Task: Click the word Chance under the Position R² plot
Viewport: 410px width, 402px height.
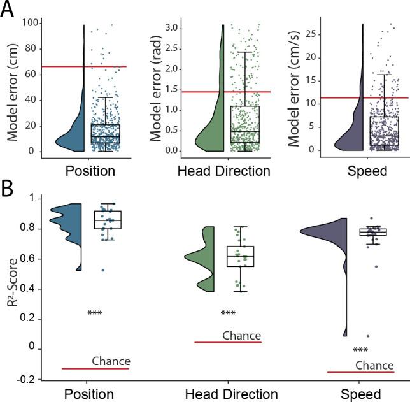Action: click(x=111, y=361)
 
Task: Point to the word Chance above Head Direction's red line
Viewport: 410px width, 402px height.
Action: click(x=241, y=335)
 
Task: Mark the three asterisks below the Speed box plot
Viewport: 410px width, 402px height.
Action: click(x=360, y=350)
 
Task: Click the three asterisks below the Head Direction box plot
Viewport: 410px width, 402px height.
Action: click(x=228, y=313)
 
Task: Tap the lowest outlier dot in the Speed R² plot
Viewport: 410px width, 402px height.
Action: click(x=367, y=336)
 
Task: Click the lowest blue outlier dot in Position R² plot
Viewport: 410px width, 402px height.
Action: click(x=102, y=270)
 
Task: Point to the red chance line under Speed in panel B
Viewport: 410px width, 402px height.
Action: click(x=360, y=372)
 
